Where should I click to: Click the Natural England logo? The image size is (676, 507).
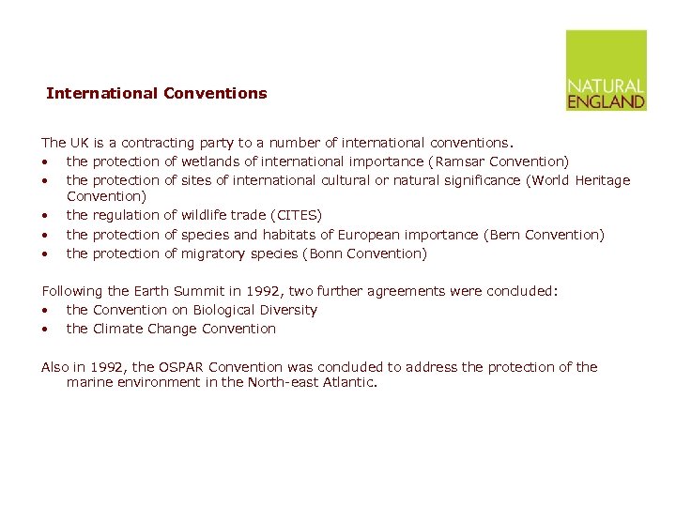[606, 70]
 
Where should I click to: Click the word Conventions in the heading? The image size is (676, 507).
[215, 93]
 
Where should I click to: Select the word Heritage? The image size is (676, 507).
[602, 180]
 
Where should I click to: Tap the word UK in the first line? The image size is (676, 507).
[79, 143]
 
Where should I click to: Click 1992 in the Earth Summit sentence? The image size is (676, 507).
[262, 291]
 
